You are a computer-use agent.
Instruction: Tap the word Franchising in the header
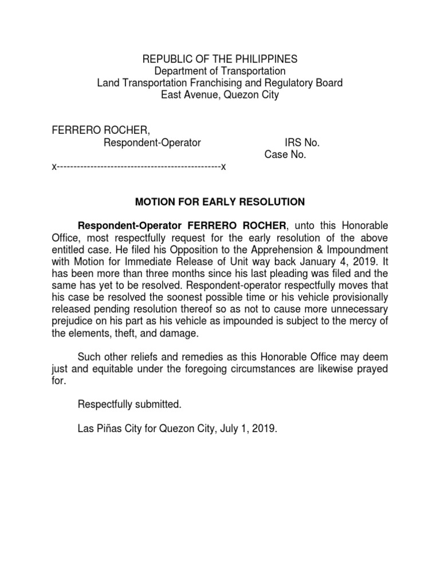click(x=218, y=83)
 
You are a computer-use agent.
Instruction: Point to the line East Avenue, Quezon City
click(x=219, y=95)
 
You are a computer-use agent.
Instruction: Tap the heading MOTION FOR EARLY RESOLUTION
click(x=219, y=202)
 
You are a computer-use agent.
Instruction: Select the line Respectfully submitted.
click(x=129, y=405)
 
